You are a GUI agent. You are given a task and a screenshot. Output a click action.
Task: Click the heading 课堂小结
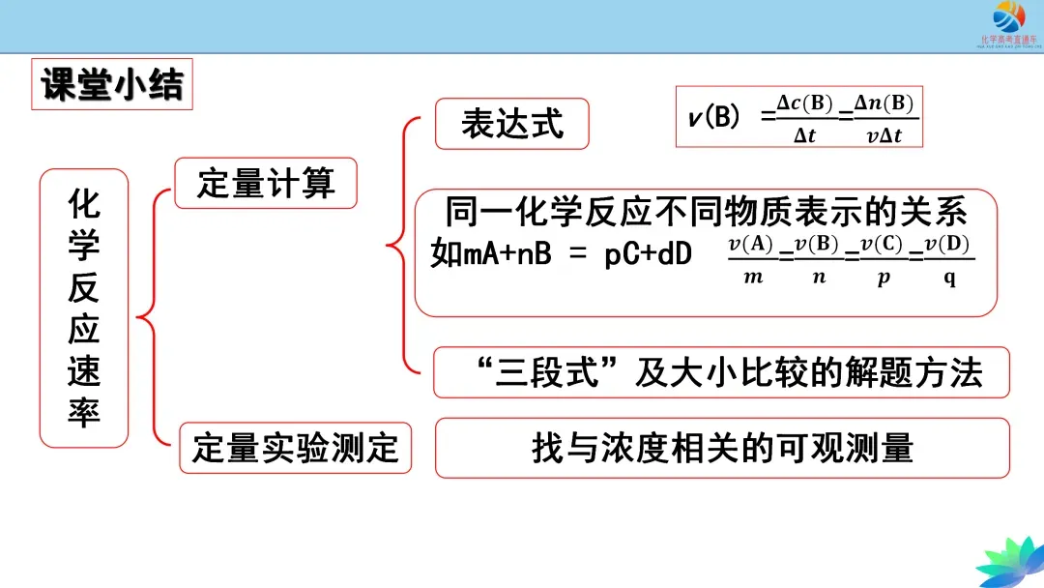[112, 85]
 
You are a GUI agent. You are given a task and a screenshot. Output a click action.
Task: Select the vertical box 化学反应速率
[84, 309]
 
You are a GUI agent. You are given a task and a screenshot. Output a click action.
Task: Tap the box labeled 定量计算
[265, 183]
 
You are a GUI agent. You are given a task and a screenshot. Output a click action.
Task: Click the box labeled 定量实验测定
[295, 449]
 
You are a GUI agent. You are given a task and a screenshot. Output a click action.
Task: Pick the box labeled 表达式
[511, 124]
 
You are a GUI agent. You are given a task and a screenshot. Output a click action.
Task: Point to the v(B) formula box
[798, 117]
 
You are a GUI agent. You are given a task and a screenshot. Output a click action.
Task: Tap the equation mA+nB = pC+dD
[561, 255]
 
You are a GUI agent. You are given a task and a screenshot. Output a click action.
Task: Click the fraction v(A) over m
[751, 259]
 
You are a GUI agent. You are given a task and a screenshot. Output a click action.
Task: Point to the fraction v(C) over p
[884, 259]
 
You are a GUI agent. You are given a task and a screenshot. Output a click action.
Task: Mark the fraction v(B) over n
[817, 259]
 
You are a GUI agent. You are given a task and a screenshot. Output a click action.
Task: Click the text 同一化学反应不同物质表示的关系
[706, 212]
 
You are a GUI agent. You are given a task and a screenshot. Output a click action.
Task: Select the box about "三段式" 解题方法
[721, 372]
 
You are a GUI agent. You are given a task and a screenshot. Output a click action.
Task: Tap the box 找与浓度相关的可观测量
[722, 448]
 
